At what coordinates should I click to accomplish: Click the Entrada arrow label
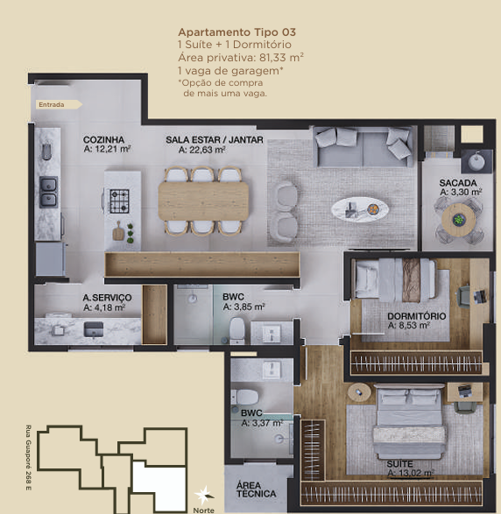59,104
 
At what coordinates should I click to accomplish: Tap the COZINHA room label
103,139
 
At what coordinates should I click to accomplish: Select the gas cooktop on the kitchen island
119,201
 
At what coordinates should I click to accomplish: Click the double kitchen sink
48,192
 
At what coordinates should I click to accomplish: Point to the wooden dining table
203,201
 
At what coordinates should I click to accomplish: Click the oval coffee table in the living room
360,209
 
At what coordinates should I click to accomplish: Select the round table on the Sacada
458,219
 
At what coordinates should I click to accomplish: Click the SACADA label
458,183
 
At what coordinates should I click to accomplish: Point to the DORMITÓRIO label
417,316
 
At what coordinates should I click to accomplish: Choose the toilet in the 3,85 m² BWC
236,330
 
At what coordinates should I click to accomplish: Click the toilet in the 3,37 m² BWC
244,397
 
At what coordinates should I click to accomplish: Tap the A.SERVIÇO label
107,298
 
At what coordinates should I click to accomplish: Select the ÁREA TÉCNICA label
256,489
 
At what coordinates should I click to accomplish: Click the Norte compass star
203,495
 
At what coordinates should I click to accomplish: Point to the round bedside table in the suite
359,392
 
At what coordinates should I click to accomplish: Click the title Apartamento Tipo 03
237,32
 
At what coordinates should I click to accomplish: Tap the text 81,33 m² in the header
281,58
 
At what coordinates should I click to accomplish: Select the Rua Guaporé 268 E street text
29,458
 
